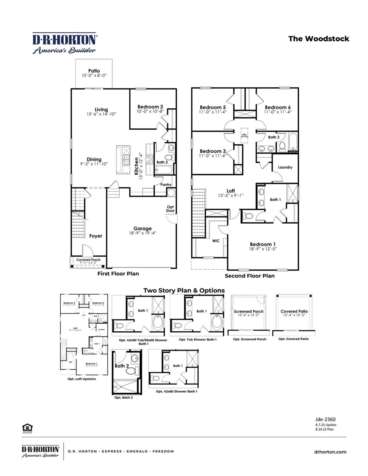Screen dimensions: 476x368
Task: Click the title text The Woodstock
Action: coord(319,39)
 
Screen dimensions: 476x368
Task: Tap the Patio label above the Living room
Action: coord(94,71)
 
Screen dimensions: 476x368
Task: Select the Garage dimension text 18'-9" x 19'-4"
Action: coord(143,233)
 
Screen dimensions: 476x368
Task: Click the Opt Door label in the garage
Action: coord(170,209)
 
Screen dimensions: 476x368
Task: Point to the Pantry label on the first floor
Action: coord(166,185)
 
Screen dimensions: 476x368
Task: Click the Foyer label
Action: coord(95,236)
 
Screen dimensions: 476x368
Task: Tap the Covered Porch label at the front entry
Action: coord(88,260)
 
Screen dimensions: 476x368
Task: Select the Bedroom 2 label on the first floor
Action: coord(150,107)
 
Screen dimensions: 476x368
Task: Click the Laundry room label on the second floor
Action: coord(285,167)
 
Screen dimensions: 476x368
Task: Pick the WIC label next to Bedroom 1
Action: coord(216,241)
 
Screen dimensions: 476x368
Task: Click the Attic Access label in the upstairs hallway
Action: coord(244,135)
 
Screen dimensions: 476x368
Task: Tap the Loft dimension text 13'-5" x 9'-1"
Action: coord(231,195)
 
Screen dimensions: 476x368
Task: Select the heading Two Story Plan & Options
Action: coord(184,290)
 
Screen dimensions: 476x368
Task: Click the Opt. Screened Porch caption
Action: coord(250,339)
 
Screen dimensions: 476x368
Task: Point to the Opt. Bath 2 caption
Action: coord(123,398)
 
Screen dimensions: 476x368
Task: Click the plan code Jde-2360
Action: coord(325,419)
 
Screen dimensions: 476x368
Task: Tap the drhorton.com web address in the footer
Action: coord(330,452)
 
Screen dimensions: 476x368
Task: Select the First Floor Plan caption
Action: coord(118,274)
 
